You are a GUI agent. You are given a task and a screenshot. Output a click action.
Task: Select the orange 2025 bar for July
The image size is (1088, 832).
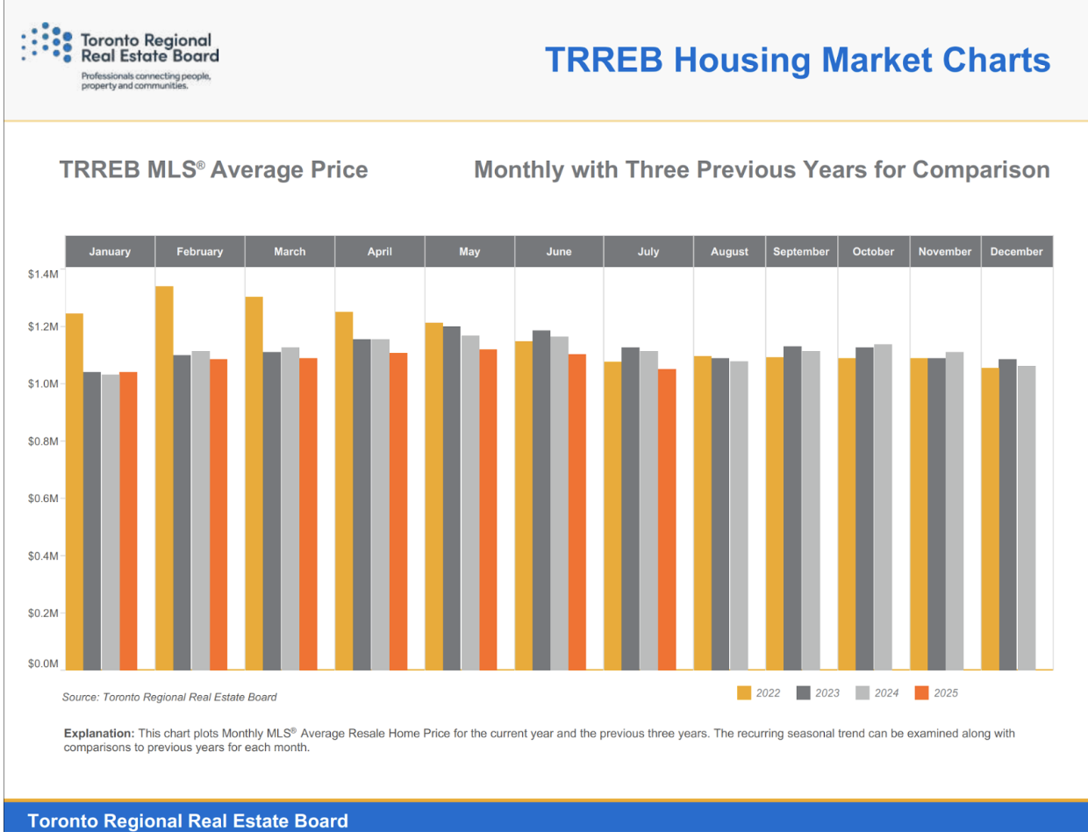667,519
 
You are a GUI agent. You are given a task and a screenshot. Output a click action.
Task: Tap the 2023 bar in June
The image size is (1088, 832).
541,499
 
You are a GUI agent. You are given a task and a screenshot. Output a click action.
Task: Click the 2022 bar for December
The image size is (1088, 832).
990,518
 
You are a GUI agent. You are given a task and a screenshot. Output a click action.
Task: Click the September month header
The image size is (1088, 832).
801,252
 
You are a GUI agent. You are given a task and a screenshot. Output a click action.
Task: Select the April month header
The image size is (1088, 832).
379,252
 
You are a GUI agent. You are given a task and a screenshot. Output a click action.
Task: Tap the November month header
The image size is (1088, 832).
945,252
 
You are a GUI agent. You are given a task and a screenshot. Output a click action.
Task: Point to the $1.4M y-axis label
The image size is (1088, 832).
42,275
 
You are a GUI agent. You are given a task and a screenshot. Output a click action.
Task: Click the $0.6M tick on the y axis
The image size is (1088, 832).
42,498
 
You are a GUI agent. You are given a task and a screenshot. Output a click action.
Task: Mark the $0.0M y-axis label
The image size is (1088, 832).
42,664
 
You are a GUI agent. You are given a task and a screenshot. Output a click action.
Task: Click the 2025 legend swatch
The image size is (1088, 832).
921,693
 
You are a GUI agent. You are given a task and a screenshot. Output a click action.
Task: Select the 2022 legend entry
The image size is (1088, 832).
759,693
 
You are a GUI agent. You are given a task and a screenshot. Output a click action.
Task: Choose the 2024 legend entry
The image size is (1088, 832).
877,693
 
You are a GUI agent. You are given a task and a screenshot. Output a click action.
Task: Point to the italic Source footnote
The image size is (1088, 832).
169,698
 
